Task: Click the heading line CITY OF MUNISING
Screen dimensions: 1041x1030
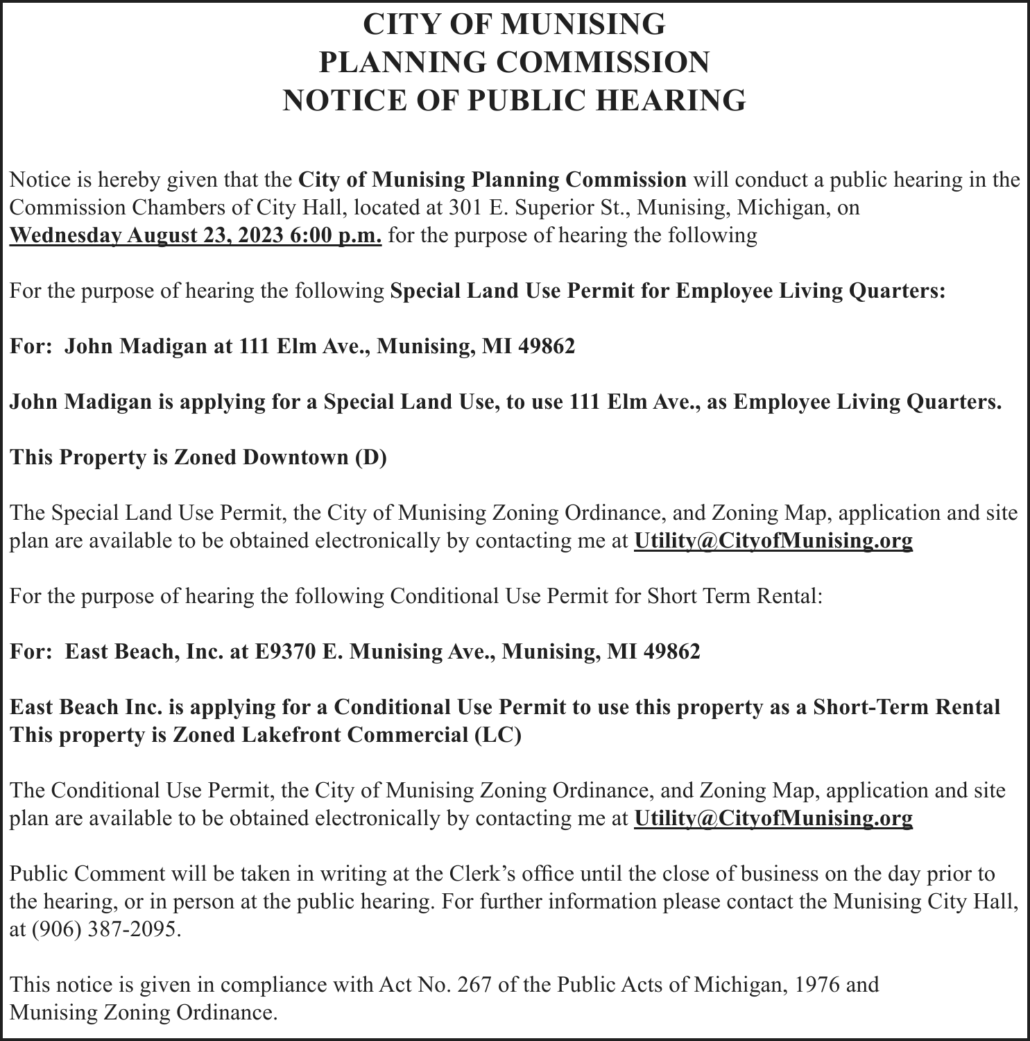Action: point(514,25)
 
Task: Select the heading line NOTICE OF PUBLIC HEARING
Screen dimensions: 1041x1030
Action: point(514,100)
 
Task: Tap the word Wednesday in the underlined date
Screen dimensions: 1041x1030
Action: point(66,235)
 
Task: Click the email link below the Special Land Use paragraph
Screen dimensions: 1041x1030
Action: point(773,541)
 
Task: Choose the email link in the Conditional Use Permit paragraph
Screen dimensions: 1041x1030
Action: point(773,818)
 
